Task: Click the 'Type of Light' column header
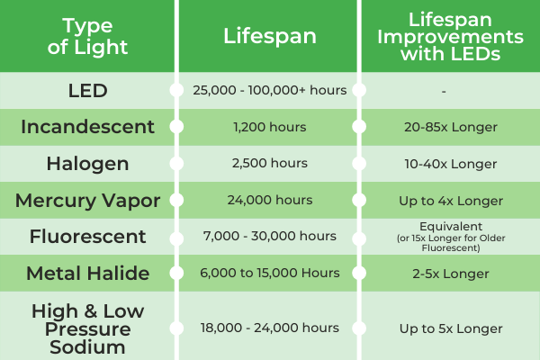(87, 35)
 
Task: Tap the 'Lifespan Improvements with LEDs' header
(449, 35)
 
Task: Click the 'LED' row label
(87, 90)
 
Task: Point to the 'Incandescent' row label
(87, 127)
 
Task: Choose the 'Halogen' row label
(87, 163)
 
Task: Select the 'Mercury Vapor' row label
(87, 200)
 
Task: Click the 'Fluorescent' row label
(87, 236)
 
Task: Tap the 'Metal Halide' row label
(87, 273)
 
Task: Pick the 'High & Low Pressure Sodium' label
(87, 327)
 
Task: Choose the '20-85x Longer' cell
(449, 127)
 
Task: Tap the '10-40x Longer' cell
(449, 163)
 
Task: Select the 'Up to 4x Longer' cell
(449, 200)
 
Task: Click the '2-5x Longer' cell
(449, 273)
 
